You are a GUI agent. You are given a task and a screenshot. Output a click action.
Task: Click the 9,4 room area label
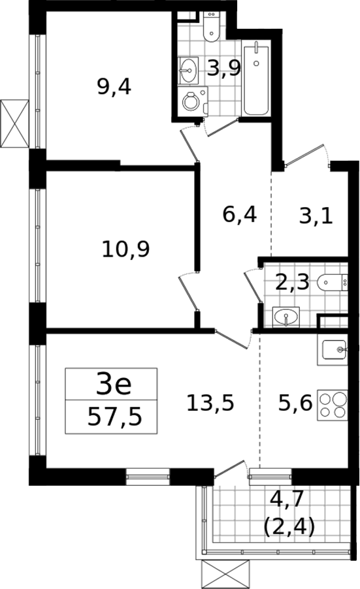coord(114,88)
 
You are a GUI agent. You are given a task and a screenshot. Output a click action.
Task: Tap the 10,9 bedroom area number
coord(126,249)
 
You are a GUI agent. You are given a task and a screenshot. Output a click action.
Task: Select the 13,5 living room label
coord(210,403)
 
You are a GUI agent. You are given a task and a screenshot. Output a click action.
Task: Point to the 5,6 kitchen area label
coord(295,404)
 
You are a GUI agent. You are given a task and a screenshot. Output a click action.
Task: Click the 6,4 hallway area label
coord(239,215)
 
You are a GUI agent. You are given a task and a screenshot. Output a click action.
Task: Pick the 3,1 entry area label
coord(316,216)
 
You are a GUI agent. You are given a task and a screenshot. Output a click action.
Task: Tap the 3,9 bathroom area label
coord(223,69)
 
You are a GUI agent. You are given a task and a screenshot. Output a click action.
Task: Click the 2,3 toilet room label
coord(292,283)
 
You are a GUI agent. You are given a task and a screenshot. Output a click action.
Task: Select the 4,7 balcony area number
coord(287,500)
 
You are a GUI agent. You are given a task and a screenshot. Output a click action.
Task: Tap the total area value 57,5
coord(114,417)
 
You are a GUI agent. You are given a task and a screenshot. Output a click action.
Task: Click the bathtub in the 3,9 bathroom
coord(256,80)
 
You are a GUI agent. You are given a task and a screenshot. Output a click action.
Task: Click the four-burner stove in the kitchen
coord(332,406)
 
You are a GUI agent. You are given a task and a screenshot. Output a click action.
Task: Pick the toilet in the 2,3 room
coord(332,283)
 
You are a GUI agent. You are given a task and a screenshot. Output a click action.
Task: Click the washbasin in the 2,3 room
coord(286,317)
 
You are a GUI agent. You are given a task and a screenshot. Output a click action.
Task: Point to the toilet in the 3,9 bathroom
coord(211,25)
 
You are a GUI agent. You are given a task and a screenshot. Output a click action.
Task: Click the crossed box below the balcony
coord(225,575)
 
